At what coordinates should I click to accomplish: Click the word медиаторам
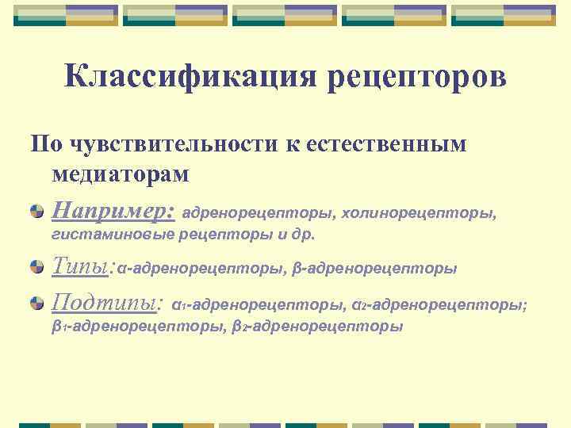click(119, 173)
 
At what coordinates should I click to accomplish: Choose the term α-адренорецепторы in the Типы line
click(201, 269)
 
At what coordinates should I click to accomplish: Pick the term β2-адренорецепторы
click(318, 326)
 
